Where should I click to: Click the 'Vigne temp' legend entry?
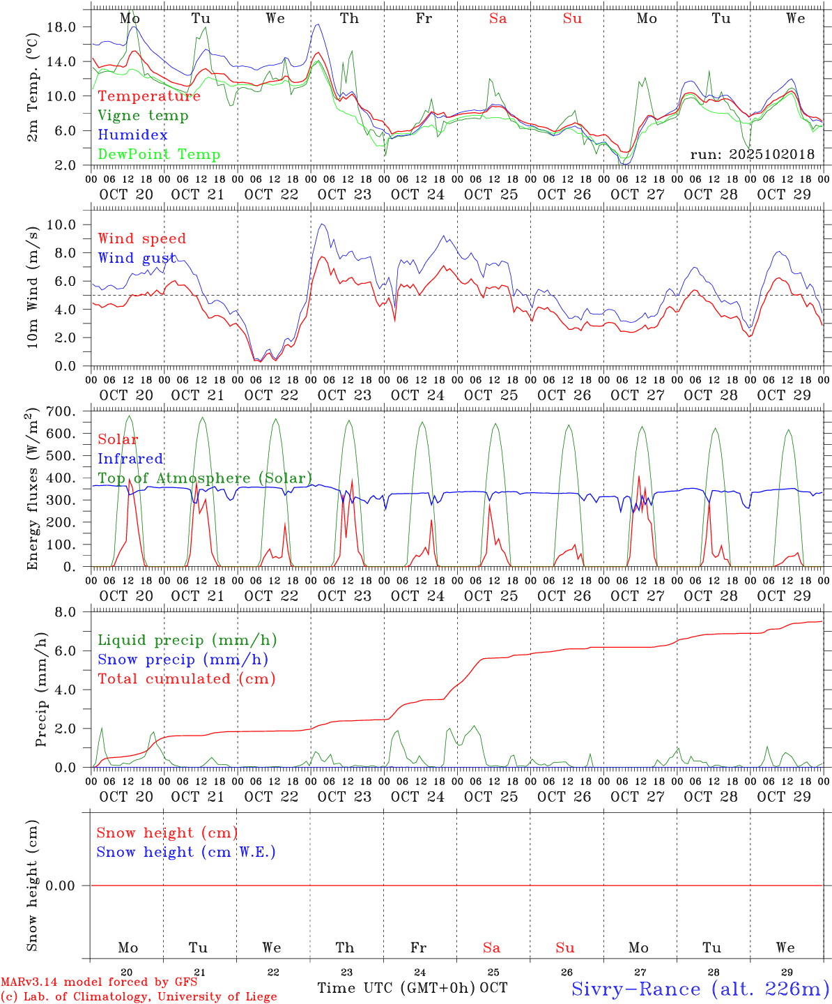(x=143, y=116)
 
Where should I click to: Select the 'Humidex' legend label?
(x=132, y=135)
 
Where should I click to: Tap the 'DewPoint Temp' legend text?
(x=159, y=155)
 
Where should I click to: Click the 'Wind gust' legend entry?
(x=137, y=258)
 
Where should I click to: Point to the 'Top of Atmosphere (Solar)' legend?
(x=205, y=478)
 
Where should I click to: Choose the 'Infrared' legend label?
(x=130, y=459)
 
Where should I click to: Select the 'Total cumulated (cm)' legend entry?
(x=186, y=679)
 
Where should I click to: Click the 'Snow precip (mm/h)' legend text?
(x=183, y=660)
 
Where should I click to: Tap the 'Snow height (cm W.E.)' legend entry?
(x=186, y=852)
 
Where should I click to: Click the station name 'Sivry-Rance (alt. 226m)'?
(x=700, y=989)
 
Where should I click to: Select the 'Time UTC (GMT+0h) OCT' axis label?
(x=412, y=988)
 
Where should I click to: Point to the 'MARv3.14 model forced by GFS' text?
(x=99, y=982)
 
